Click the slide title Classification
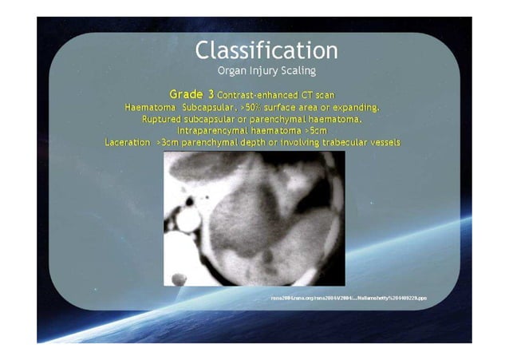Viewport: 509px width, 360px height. tap(266, 50)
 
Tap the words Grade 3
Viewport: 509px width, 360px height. tap(191, 94)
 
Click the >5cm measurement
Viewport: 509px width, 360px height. tap(314, 131)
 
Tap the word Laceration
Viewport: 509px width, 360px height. tap(128, 143)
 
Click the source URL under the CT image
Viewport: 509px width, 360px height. tap(350, 297)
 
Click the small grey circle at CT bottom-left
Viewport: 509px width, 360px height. tap(180, 279)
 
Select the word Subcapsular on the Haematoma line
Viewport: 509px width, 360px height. tap(210, 107)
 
